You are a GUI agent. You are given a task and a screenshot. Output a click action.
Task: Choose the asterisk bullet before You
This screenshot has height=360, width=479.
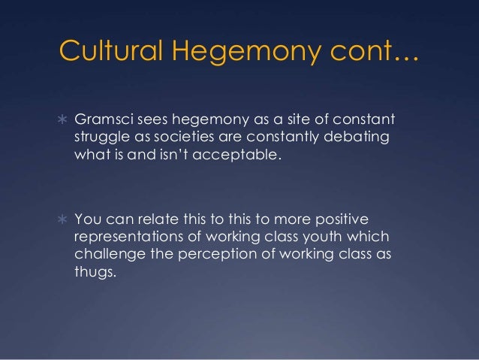click(x=63, y=219)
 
